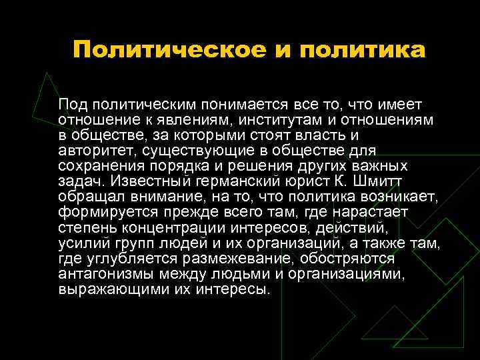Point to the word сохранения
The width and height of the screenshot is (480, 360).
point(99,167)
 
